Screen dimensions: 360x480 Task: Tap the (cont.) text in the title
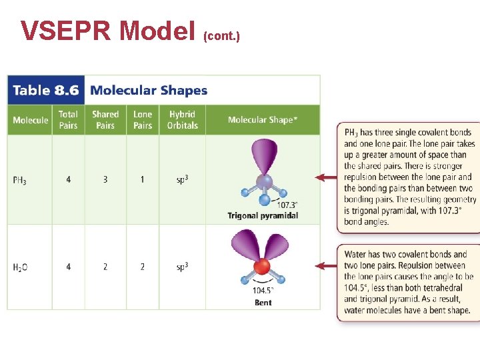221,34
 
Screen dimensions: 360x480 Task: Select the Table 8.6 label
45,91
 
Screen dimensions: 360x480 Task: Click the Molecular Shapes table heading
149,91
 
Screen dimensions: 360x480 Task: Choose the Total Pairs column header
68,120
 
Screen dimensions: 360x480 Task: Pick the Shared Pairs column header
105,120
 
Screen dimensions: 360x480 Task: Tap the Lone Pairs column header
143,120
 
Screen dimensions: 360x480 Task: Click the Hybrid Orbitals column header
182,120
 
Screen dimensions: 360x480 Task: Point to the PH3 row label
20,180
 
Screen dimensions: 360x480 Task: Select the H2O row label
20,267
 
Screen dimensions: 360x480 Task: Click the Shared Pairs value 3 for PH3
105,179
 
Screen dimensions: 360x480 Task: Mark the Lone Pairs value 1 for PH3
143,179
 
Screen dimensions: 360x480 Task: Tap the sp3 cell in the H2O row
182,267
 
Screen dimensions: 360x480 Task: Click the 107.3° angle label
287,205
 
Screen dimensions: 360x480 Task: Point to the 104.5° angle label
263,291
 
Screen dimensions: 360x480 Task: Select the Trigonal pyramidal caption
263,215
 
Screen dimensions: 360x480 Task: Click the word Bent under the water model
263,303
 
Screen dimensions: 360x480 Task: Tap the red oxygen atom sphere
262,267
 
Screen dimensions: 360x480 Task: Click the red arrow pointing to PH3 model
326,177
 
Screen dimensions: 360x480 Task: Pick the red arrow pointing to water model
326,265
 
